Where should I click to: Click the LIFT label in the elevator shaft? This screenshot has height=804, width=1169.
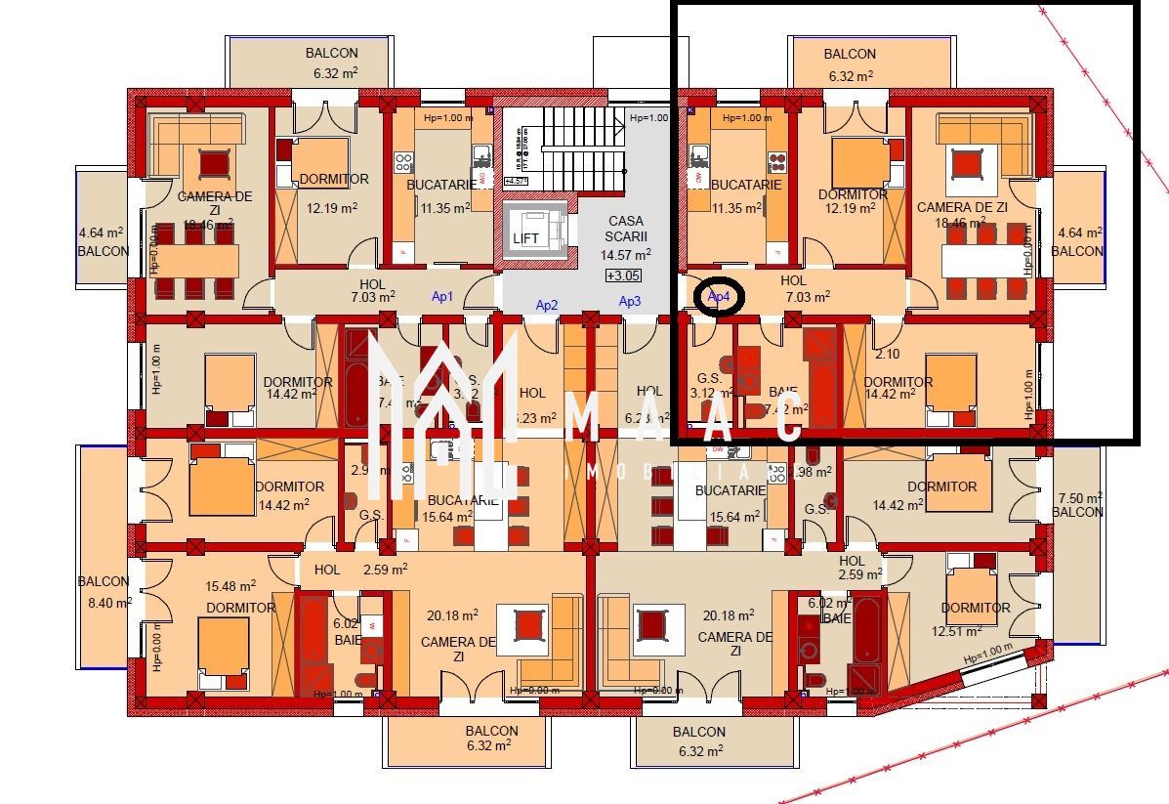tap(526, 238)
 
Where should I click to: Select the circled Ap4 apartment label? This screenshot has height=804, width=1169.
tap(719, 296)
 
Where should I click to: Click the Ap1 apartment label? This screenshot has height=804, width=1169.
tap(442, 296)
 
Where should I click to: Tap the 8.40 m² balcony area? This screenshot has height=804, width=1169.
tap(109, 603)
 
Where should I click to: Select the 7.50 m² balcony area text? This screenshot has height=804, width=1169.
tap(1078, 497)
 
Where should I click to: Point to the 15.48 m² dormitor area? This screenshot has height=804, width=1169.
tap(230, 586)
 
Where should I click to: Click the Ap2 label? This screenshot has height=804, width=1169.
tap(547, 305)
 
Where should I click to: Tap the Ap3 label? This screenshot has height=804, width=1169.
tap(630, 301)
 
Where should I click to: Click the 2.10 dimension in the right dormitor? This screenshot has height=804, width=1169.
tap(887, 354)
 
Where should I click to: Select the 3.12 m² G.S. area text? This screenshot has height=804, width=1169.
tap(707, 393)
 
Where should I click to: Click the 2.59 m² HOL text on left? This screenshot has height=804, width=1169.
tap(385, 569)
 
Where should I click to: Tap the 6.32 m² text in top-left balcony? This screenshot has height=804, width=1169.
tap(331, 73)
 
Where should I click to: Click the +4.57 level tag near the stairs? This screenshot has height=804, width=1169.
tap(517, 182)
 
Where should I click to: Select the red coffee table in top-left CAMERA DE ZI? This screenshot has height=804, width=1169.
tap(213, 162)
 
